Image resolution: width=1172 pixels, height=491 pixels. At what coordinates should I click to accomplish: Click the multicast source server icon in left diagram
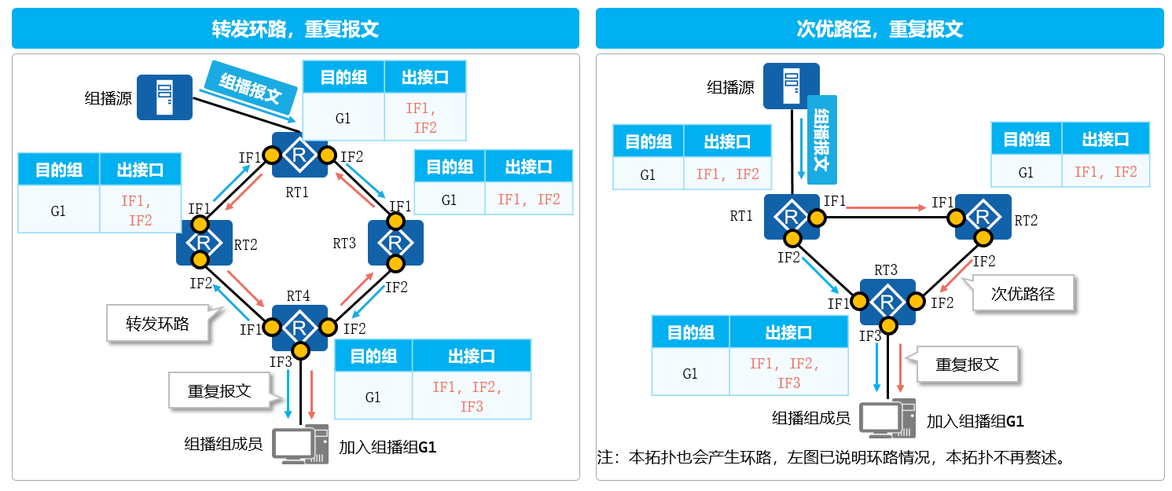(x=164, y=97)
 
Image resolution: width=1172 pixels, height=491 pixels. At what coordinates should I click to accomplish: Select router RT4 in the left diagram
(x=299, y=327)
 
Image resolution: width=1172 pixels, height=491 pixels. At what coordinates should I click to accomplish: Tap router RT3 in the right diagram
(x=887, y=302)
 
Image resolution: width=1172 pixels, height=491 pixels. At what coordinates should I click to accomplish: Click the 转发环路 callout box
(x=158, y=324)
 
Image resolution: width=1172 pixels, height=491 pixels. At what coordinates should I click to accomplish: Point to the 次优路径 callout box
(x=1022, y=294)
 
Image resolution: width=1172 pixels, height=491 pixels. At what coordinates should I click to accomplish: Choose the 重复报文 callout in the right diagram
(x=967, y=365)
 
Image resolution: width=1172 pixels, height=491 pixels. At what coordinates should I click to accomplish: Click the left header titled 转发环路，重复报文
(x=296, y=29)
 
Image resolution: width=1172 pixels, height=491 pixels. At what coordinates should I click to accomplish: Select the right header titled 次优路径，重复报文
(x=880, y=29)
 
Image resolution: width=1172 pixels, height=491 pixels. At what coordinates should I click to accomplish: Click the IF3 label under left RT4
(x=281, y=362)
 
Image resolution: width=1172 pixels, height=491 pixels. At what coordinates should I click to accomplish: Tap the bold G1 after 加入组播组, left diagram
(x=426, y=447)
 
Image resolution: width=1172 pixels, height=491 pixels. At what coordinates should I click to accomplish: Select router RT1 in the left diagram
(x=299, y=156)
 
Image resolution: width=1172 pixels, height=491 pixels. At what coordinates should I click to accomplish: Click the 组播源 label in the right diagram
(x=730, y=87)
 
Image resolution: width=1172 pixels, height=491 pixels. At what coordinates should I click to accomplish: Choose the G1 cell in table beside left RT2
(x=58, y=211)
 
